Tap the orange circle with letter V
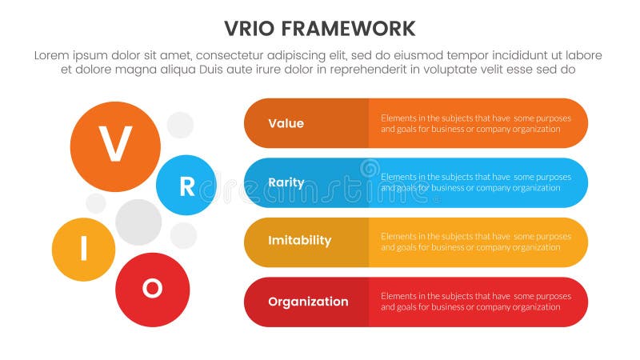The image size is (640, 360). click(116, 146)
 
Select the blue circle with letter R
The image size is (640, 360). click(186, 186)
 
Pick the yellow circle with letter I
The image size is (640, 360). click(84, 250)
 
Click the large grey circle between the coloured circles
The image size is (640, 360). click(138, 222)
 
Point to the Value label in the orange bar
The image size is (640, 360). click(286, 123)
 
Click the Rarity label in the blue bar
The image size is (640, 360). click(286, 182)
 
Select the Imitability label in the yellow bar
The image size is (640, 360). click(299, 241)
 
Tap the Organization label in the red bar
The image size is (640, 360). click(308, 302)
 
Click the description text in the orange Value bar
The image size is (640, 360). click(476, 123)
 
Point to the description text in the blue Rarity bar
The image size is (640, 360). click(476, 182)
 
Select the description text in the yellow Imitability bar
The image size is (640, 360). click(476, 242)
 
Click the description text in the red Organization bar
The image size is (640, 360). click(476, 302)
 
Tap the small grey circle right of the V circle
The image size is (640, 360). click(180, 125)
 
